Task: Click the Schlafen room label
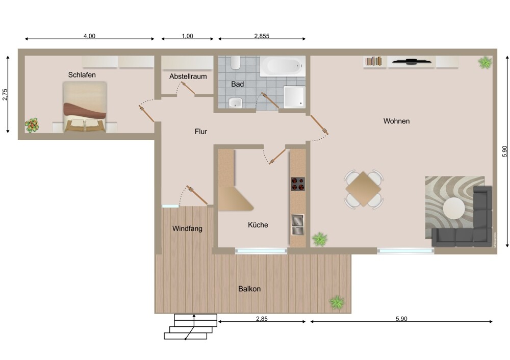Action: [x=82, y=75]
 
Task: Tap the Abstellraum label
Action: [x=188, y=76]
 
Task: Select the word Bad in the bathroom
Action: [x=238, y=84]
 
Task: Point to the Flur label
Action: [x=200, y=132]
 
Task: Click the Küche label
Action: [x=258, y=225]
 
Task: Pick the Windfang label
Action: [x=187, y=228]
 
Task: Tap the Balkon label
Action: [x=249, y=289]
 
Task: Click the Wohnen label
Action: [x=396, y=121]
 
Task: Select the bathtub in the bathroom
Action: [x=283, y=66]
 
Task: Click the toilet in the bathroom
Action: [x=235, y=62]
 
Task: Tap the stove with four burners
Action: [x=298, y=184]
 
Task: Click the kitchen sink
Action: [x=297, y=224]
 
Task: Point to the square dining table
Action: [x=363, y=189]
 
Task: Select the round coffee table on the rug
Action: [x=454, y=208]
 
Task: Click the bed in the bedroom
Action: [x=85, y=107]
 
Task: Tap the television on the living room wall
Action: [x=412, y=61]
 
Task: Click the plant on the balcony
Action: [x=337, y=302]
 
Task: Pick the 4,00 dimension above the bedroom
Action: [x=89, y=36]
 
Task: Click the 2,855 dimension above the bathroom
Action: [x=262, y=36]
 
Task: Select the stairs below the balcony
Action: [x=191, y=326]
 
